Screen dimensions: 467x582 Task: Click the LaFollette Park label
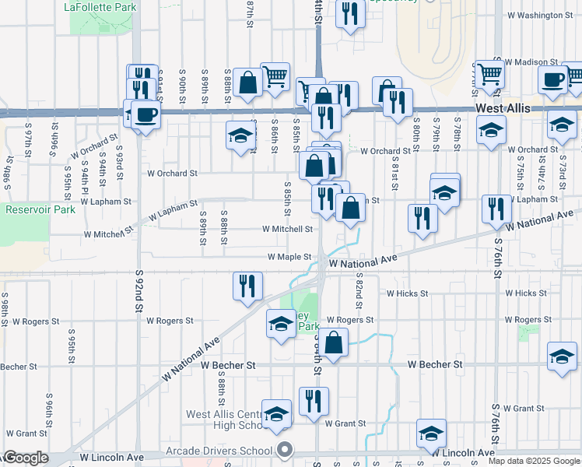point(100,7)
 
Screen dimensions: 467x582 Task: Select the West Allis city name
point(503,109)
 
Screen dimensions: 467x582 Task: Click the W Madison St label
point(532,61)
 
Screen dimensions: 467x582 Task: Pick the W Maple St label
point(289,256)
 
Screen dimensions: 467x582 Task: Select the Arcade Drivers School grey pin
point(285,449)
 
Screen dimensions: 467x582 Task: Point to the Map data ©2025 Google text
point(535,461)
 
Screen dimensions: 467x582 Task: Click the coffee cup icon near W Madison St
point(554,79)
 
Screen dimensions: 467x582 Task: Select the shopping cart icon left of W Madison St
point(491,74)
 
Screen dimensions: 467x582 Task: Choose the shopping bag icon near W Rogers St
point(334,342)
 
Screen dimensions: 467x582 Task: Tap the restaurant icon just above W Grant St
point(314,401)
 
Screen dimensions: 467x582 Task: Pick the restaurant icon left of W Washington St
point(350,13)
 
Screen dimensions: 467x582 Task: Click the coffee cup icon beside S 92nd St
point(145,114)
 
